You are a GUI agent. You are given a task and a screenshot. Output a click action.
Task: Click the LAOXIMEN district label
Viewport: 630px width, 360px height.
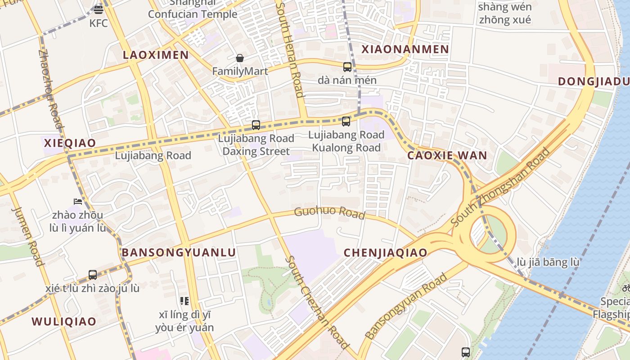click(156, 55)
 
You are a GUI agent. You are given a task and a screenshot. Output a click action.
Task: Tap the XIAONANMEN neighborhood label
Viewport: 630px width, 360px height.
click(405, 49)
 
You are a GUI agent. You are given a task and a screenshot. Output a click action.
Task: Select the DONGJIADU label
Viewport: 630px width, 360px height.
click(594, 81)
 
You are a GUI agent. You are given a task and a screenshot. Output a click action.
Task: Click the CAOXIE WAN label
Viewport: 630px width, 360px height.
click(447, 156)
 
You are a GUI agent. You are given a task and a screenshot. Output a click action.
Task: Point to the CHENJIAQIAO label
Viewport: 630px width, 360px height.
click(385, 252)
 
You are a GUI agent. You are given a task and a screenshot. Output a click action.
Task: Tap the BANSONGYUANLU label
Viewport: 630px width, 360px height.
click(179, 252)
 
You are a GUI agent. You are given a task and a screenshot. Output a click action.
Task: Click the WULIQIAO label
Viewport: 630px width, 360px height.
click(64, 321)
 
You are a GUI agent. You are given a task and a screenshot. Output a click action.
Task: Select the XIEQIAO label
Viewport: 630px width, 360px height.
click(70, 143)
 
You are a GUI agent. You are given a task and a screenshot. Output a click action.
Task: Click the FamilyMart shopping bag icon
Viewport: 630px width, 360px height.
click(240, 58)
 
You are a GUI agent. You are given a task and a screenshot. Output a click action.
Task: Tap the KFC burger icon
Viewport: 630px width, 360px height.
click(99, 9)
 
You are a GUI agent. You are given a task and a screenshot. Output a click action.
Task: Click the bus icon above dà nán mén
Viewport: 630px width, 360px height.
click(347, 67)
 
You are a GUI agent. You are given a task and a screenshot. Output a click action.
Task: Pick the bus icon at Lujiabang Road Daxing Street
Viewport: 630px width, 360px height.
click(256, 125)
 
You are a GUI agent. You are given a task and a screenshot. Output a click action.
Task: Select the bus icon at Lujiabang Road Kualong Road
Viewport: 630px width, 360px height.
click(346, 121)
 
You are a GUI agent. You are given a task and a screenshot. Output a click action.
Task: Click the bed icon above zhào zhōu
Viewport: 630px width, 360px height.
click(78, 201)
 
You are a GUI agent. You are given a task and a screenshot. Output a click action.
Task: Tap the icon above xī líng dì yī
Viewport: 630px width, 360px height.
click(184, 301)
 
